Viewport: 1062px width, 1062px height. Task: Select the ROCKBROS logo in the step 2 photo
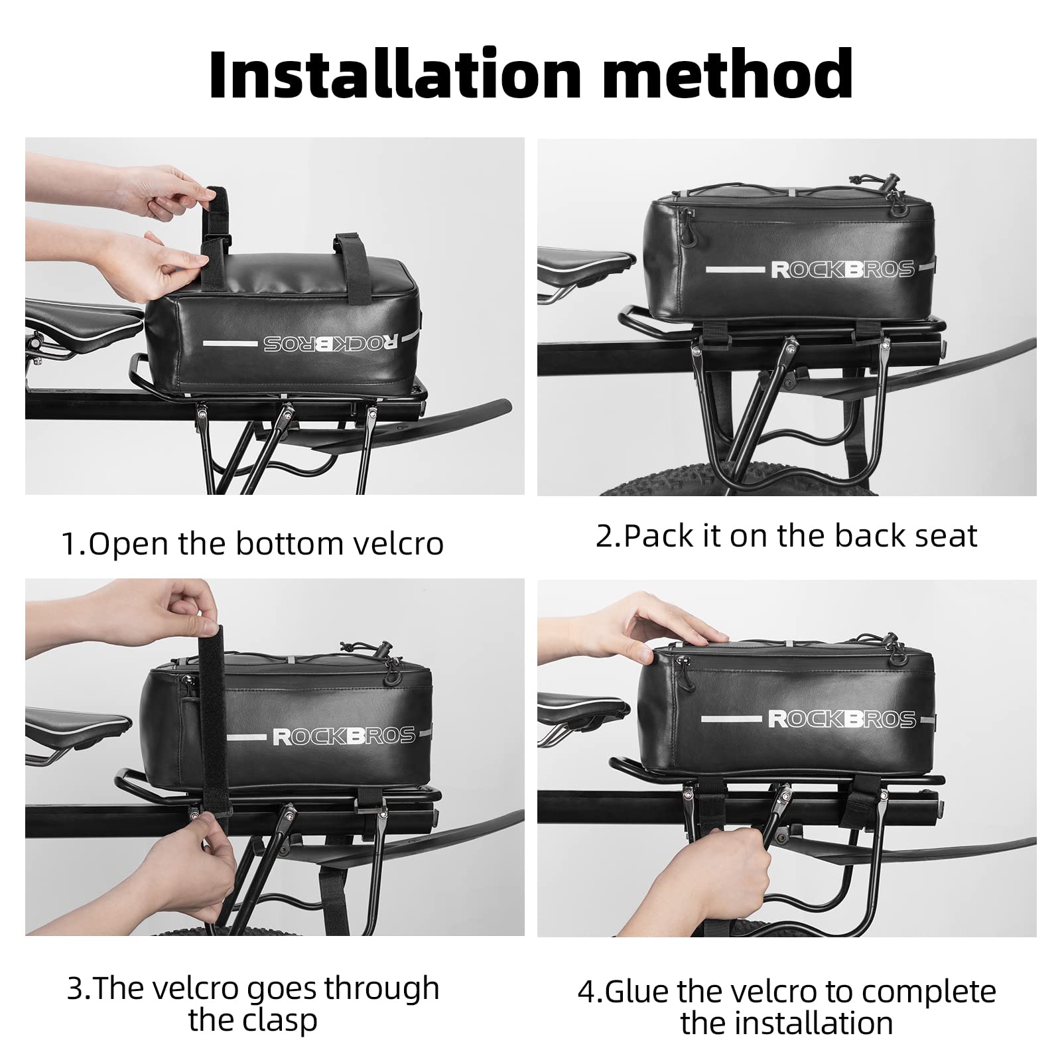pos(842,269)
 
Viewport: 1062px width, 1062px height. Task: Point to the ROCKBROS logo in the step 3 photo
pos(344,736)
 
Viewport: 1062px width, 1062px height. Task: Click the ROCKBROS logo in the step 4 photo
pos(842,719)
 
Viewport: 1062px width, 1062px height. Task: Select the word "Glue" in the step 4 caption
pos(637,992)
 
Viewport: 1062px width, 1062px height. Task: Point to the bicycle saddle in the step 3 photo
pos(78,726)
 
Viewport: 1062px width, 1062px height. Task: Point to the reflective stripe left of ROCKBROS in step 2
pos(734,270)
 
